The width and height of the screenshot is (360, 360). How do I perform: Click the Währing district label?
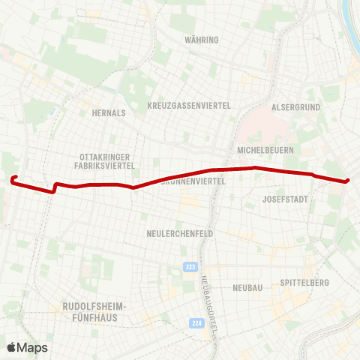[x=204, y=39]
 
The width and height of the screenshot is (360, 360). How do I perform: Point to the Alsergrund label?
[x=295, y=107]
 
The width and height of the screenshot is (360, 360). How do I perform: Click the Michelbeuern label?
[x=264, y=150]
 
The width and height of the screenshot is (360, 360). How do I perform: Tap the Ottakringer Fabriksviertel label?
[x=106, y=160]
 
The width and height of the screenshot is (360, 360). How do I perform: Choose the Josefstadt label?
[x=286, y=199]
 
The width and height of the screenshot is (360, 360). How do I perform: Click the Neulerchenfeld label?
[x=180, y=233]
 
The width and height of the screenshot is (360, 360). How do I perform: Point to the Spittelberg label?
[x=304, y=283]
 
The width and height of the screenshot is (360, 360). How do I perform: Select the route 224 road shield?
[x=196, y=323]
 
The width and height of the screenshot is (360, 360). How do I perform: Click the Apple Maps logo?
[x=27, y=346]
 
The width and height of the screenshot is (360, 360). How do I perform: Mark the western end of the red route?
[x=13, y=178]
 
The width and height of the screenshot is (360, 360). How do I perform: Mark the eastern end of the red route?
[x=347, y=181]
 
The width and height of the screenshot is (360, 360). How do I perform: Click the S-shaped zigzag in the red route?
[x=54, y=187]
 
